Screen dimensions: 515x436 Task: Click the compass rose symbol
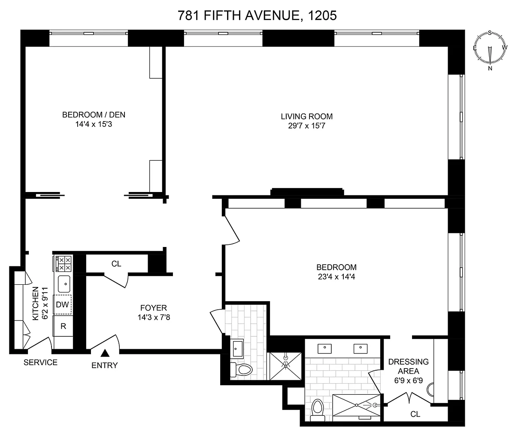coord(490,51)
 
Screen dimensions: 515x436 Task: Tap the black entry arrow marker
coord(105,353)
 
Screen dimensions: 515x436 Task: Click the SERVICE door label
coord(40,363)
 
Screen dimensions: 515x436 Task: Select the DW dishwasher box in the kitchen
coord(62,305)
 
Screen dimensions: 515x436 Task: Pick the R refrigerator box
coord(63,326)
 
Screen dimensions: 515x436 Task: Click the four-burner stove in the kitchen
coord(63,264)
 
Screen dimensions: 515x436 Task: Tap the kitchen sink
coord(64,284)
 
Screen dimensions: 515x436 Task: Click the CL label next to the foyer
coord(116,264)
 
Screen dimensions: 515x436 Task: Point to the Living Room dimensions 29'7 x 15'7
coord(307,126)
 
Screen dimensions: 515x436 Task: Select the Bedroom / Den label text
coord(94,115)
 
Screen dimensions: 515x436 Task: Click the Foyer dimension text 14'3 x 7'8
coord(154,317)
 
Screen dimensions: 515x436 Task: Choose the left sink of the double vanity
coord(324,349)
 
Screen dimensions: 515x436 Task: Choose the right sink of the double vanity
coord(360,349)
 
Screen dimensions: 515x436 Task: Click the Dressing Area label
coord(409,366)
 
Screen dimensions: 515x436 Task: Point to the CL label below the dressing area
coord(415,414)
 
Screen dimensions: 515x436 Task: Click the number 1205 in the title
coord(322,15)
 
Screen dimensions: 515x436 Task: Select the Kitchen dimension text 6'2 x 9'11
coord(45,303)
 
